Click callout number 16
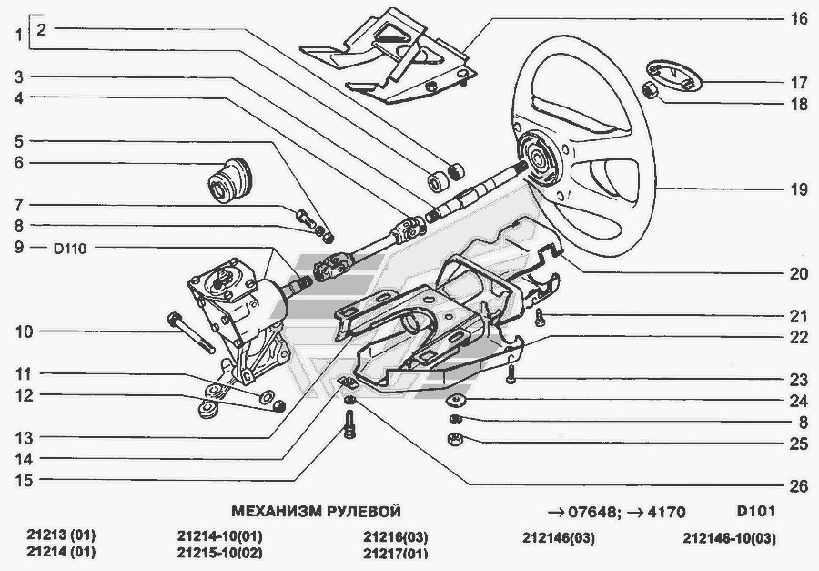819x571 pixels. pyautogui.click(x=799, y=17)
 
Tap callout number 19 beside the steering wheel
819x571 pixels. pyautogui.click(x=799, y=190)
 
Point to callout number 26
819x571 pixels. pyautogui.click(x=799, y=486)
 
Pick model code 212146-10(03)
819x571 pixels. pyautogui.click(x=729, y=537)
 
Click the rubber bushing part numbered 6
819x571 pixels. pyautogui.click(x=228, y=178)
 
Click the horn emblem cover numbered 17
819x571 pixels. pyautogui.click(x=673, y=74)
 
